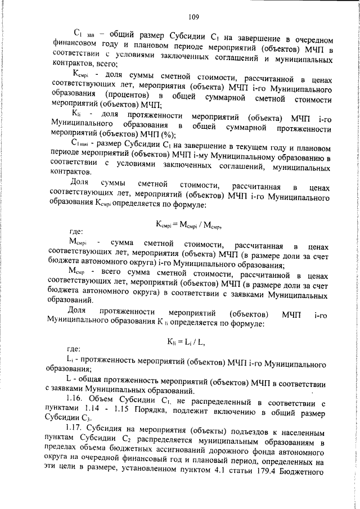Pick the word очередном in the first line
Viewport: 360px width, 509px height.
(308, 38)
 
